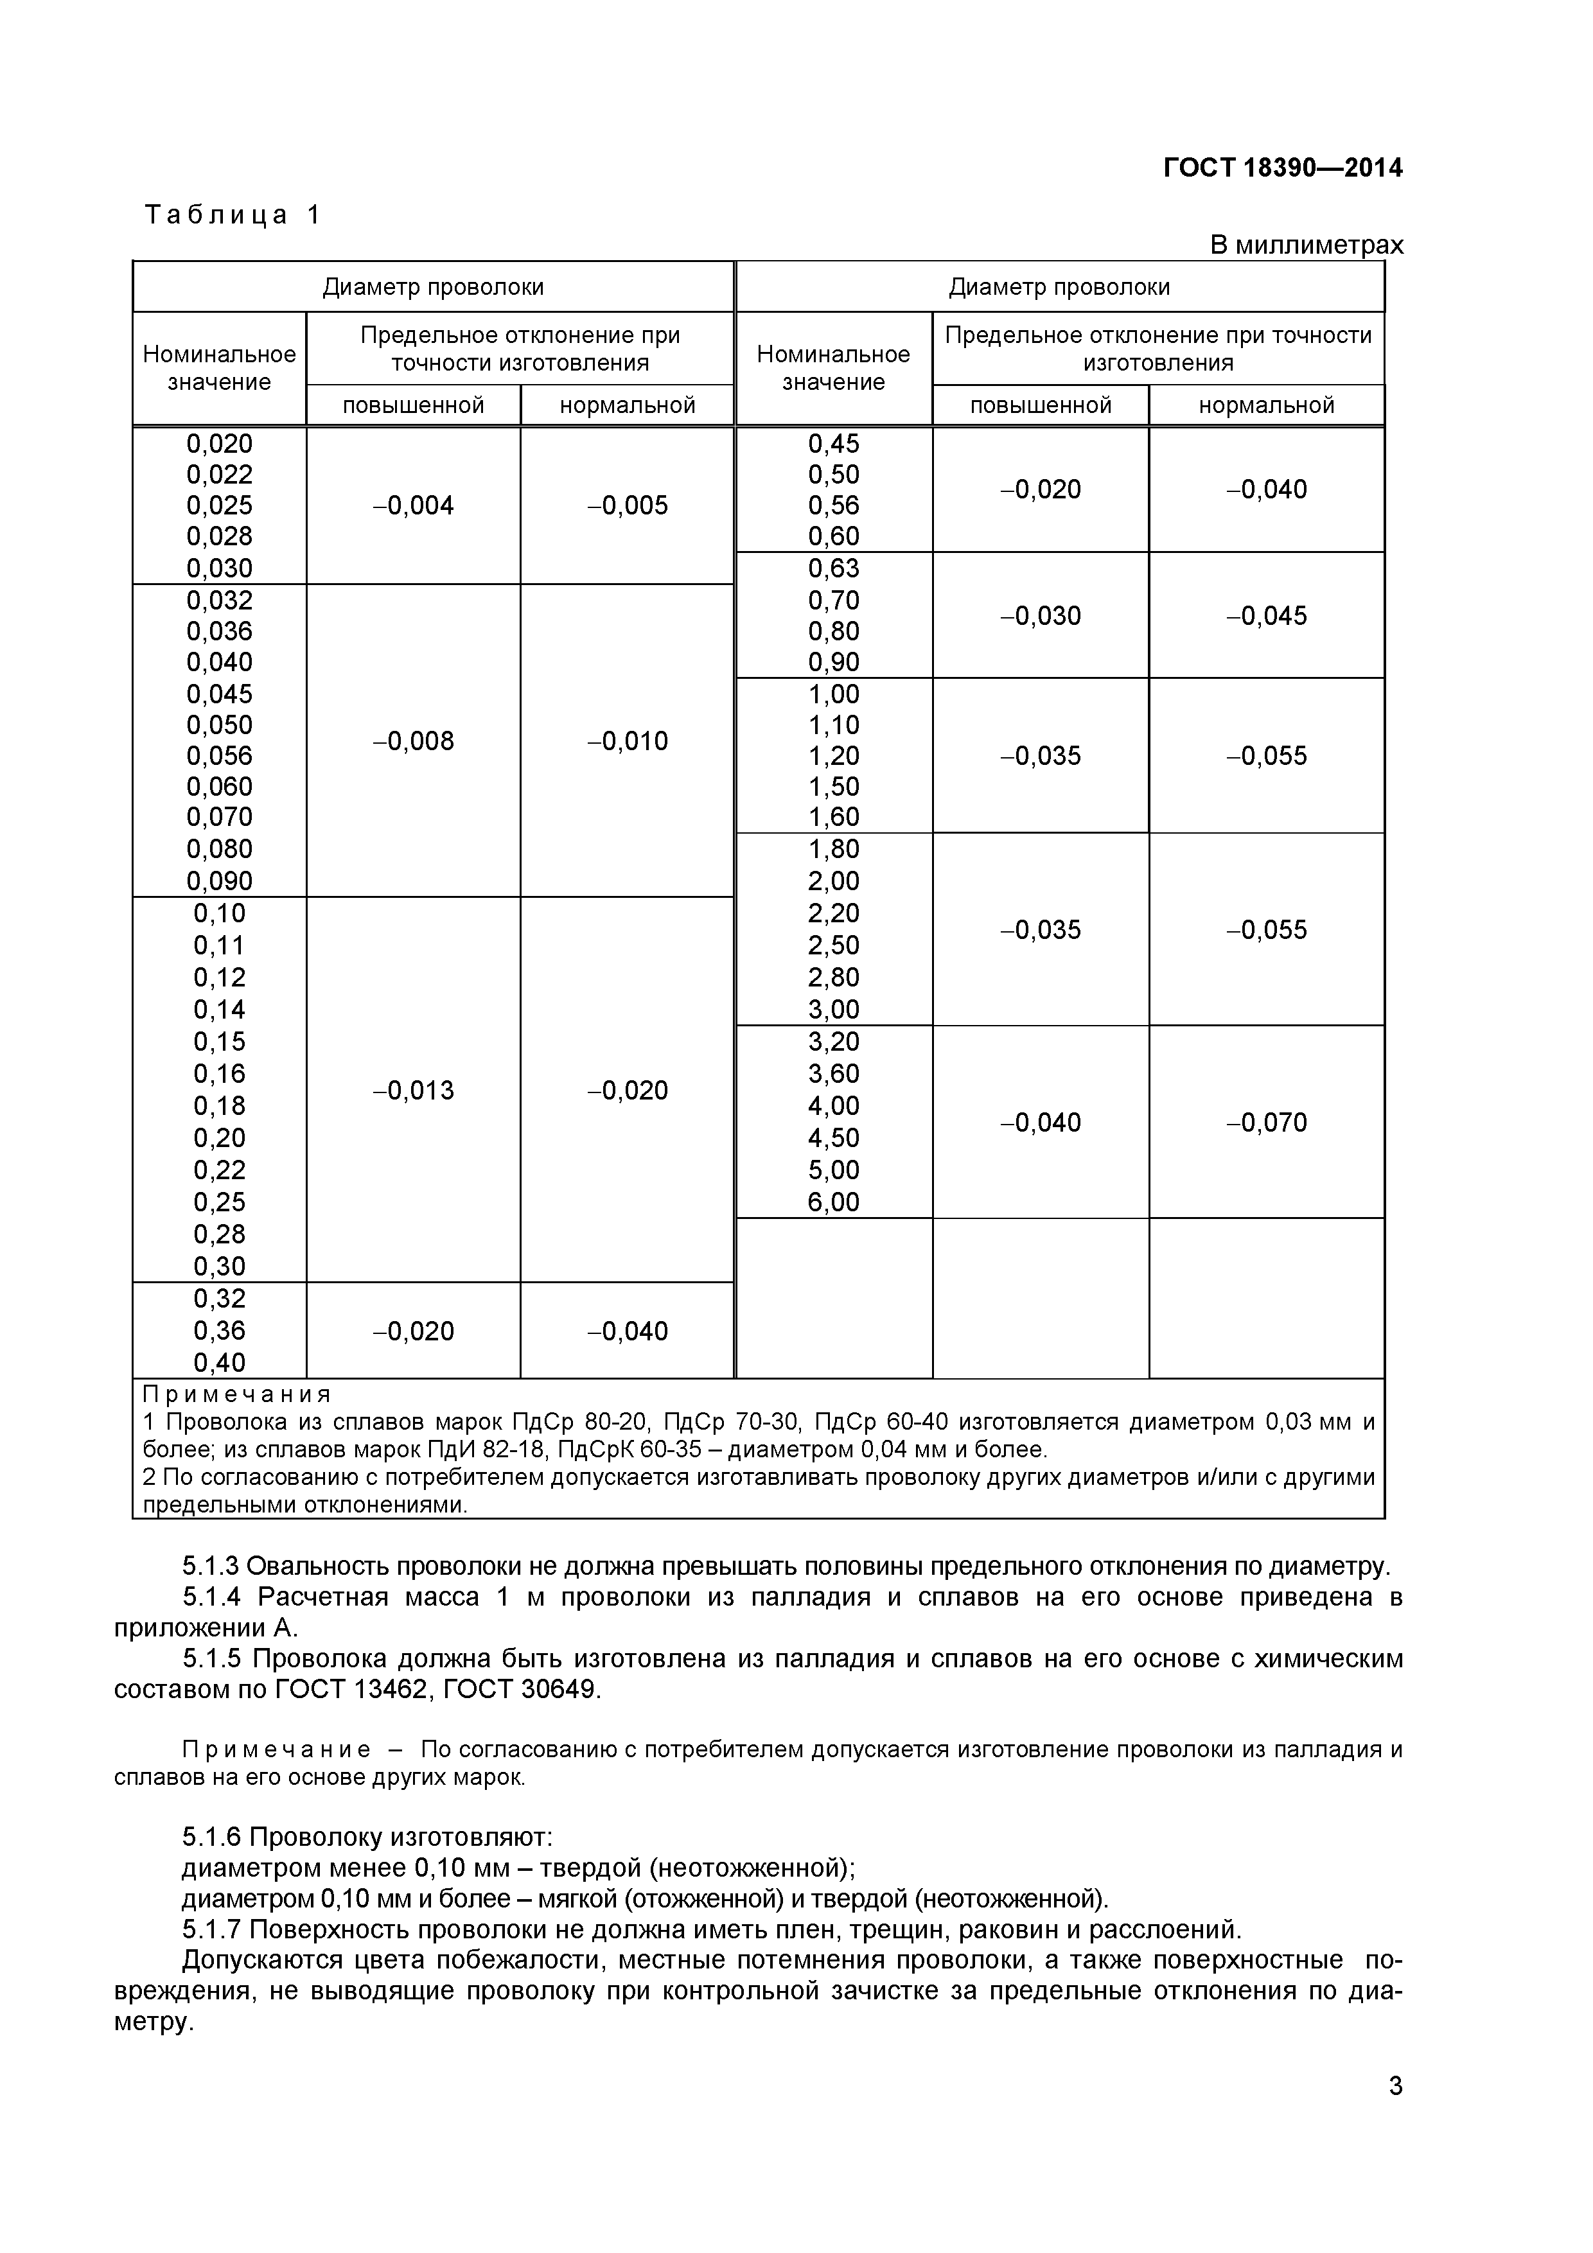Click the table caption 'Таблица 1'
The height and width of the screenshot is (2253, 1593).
click(233, 215)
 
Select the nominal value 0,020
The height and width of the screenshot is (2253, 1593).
click(219, 444)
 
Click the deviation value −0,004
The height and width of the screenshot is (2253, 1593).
click(413, 505)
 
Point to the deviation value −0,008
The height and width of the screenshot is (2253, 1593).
click(413, 741)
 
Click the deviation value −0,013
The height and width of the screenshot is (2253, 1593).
click(413, 1090)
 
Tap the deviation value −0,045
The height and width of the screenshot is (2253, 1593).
click(1266, 615)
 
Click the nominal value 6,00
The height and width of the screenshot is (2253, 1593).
click(833, 1202)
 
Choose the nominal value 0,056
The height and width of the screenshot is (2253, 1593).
click(219, 755)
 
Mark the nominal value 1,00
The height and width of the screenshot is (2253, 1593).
click(833, 694)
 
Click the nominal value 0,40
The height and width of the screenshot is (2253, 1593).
click(219, 1362)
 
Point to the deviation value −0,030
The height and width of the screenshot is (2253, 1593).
click(1041, 615)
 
